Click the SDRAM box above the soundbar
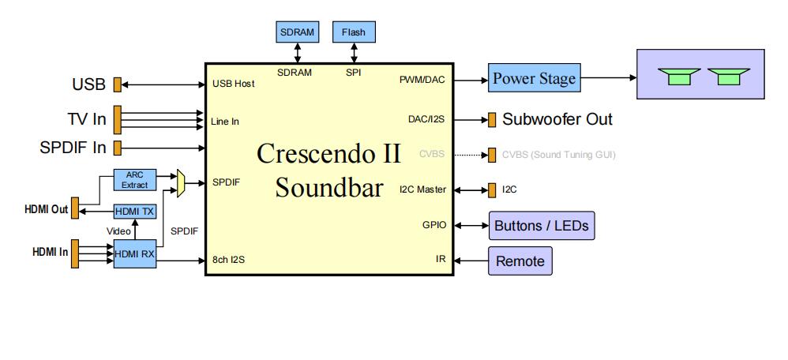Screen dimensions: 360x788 (297, 32)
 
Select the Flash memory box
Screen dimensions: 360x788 (353, 32)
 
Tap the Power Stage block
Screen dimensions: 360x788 (534, 79)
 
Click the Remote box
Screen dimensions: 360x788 (520, 261)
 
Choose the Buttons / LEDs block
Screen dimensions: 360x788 (541, 226)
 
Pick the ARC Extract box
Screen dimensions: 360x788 (134, 179)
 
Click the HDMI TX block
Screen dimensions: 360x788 (134, 211)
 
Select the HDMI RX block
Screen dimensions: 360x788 (134, 254)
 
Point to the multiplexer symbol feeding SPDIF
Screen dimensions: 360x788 (180, 182)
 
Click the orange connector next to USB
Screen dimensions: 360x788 (117, 84)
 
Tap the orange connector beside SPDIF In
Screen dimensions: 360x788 (117, 147)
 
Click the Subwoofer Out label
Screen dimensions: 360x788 (557, 120)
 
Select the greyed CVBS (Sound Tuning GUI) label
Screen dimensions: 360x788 (558, 154)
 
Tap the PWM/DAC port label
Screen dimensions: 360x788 (423, 80)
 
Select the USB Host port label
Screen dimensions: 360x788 (233, 84)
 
